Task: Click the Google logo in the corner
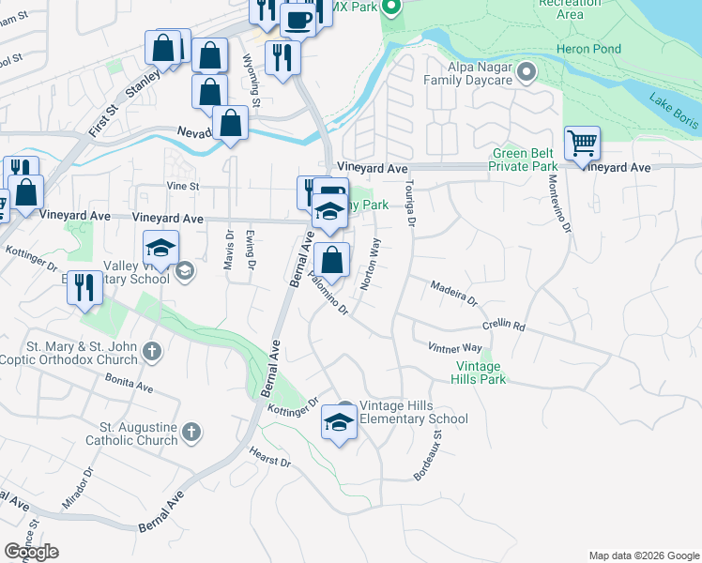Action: click(x=31, y=551)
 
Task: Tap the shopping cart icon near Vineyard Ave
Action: click(x=583, y=145)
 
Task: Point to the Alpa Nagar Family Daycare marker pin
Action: click(x=526, y=71)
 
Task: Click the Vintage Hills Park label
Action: click(x=481, y=373)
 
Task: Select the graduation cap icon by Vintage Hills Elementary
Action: click(x=340, y=422)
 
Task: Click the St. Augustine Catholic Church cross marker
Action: click(x=191, y=433)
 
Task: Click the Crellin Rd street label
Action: click(x=504, y=325)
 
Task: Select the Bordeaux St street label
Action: click(x=428, y=451)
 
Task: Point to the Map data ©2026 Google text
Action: click(x=643, y=555)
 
